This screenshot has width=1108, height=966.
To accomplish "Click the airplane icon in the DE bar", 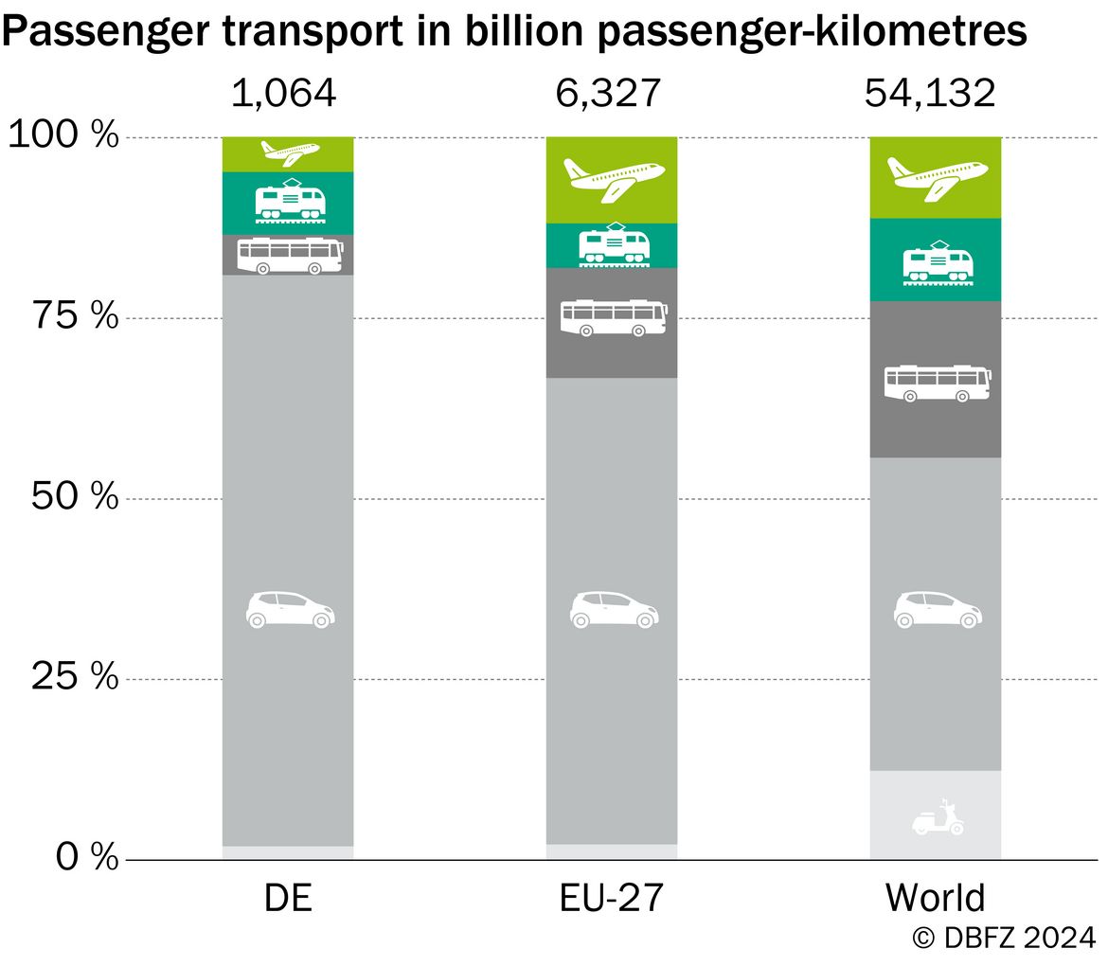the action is click(290, 152).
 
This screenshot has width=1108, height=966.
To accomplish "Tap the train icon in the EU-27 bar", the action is click(614, 245).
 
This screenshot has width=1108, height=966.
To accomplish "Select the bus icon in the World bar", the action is click(937, 384).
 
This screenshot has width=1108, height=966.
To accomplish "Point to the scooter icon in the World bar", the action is click(938, 817).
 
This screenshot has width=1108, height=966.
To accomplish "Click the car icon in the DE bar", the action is click(291, 610).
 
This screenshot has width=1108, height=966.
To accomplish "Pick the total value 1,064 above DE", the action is click(284, 93).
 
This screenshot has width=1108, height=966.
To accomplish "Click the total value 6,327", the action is click(608, 93).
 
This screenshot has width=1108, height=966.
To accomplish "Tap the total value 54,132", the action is click(930, 93).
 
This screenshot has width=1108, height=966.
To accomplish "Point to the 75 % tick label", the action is click(75, 315).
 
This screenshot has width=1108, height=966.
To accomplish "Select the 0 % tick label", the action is click(87, 857).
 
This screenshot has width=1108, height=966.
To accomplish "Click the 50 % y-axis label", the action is click(75, 496).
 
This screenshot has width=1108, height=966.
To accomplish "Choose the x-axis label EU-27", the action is click(611, 898).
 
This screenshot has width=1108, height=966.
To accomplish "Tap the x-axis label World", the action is click(935, 898).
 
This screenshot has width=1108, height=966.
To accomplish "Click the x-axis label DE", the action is click(288, 898).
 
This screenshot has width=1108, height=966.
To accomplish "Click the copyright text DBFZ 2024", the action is click(1004, 939).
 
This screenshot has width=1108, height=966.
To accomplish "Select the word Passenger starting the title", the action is click(105, 32).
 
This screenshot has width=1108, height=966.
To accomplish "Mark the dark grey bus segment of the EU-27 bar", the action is click(612, 323).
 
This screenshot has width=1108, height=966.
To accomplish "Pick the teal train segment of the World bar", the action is click(936, 260).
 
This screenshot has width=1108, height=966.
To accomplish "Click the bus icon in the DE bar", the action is click(290, 256).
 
